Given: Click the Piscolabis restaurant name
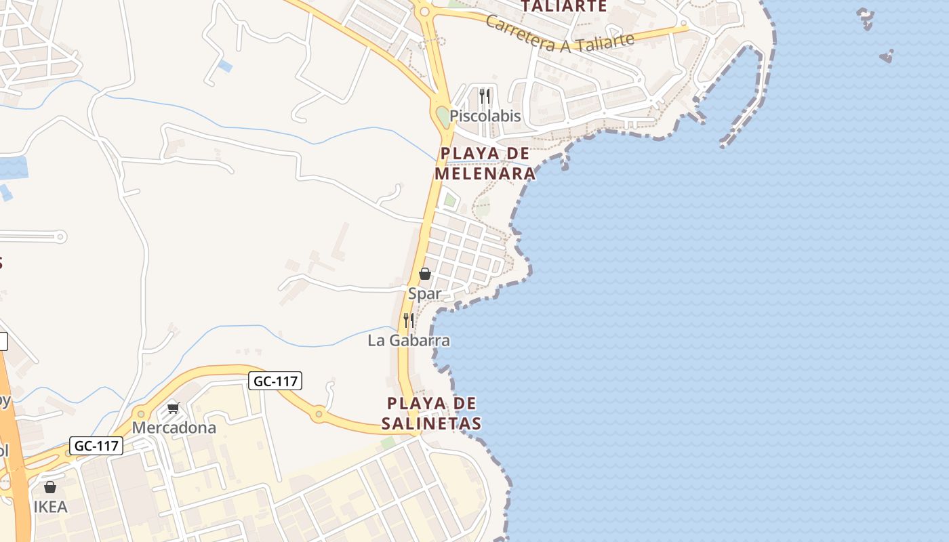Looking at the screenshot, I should [x=485, y=116].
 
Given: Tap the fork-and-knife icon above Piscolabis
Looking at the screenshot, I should [x=485, y=96].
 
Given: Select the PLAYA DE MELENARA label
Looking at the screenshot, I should [x=485, y=163].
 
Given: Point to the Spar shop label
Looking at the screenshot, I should [x=424, y=293].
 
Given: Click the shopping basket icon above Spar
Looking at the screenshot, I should [x=425, y=274].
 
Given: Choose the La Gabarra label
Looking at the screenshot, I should [x=409, y=340].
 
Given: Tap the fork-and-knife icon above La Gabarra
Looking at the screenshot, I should [x=409, y=320].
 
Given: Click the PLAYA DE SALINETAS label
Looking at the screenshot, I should [x=431, y=413].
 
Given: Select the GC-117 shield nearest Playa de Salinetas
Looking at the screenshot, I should [x=275, y=381].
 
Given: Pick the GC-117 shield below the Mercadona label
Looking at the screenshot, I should [x=96, y=446].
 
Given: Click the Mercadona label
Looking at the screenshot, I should [x=174, y=428].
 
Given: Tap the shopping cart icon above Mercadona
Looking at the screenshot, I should [x=174, y=408].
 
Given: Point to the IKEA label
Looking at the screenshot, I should [x=51, y=507].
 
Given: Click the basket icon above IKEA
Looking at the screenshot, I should [x=50, y=487].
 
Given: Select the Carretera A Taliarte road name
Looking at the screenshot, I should [x=560, y=35].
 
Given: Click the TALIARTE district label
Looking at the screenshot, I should [x=563, y=7].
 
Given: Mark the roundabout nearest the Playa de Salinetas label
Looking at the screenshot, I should [x=319, y=414].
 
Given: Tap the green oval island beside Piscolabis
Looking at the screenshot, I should [x=443, y=117].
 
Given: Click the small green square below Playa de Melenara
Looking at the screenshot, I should [x=449, y=200].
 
